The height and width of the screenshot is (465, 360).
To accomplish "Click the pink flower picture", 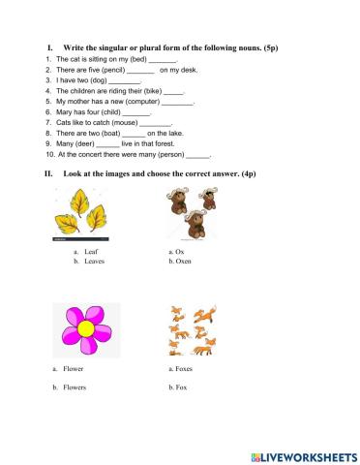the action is [84, 329].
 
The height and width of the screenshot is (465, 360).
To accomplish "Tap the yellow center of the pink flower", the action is [85, 327].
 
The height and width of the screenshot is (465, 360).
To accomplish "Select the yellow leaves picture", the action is [82, 214].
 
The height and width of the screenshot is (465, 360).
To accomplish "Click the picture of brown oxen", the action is [194, 213].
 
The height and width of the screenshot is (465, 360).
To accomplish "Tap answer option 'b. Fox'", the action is [178, 387].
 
